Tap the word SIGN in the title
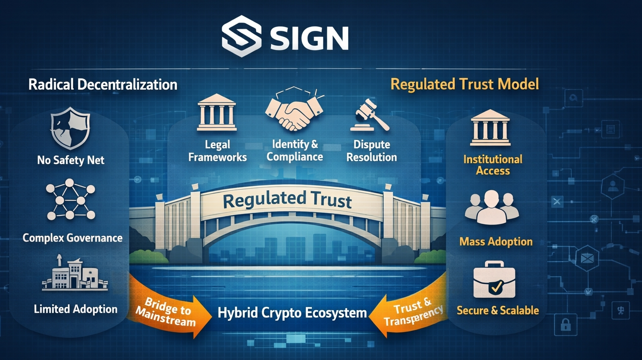point(309,38)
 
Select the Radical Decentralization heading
point(103,84)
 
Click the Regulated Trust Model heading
point(464,84)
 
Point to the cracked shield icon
point(70,128)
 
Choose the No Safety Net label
point(71,160)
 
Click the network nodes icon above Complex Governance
point(70,200)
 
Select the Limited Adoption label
point(76,309)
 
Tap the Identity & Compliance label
point(295,151)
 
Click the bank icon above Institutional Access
point(490,128)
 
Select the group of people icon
point(492,207)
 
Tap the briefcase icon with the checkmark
point(494,280)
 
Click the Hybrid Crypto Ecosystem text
point(292,313)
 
